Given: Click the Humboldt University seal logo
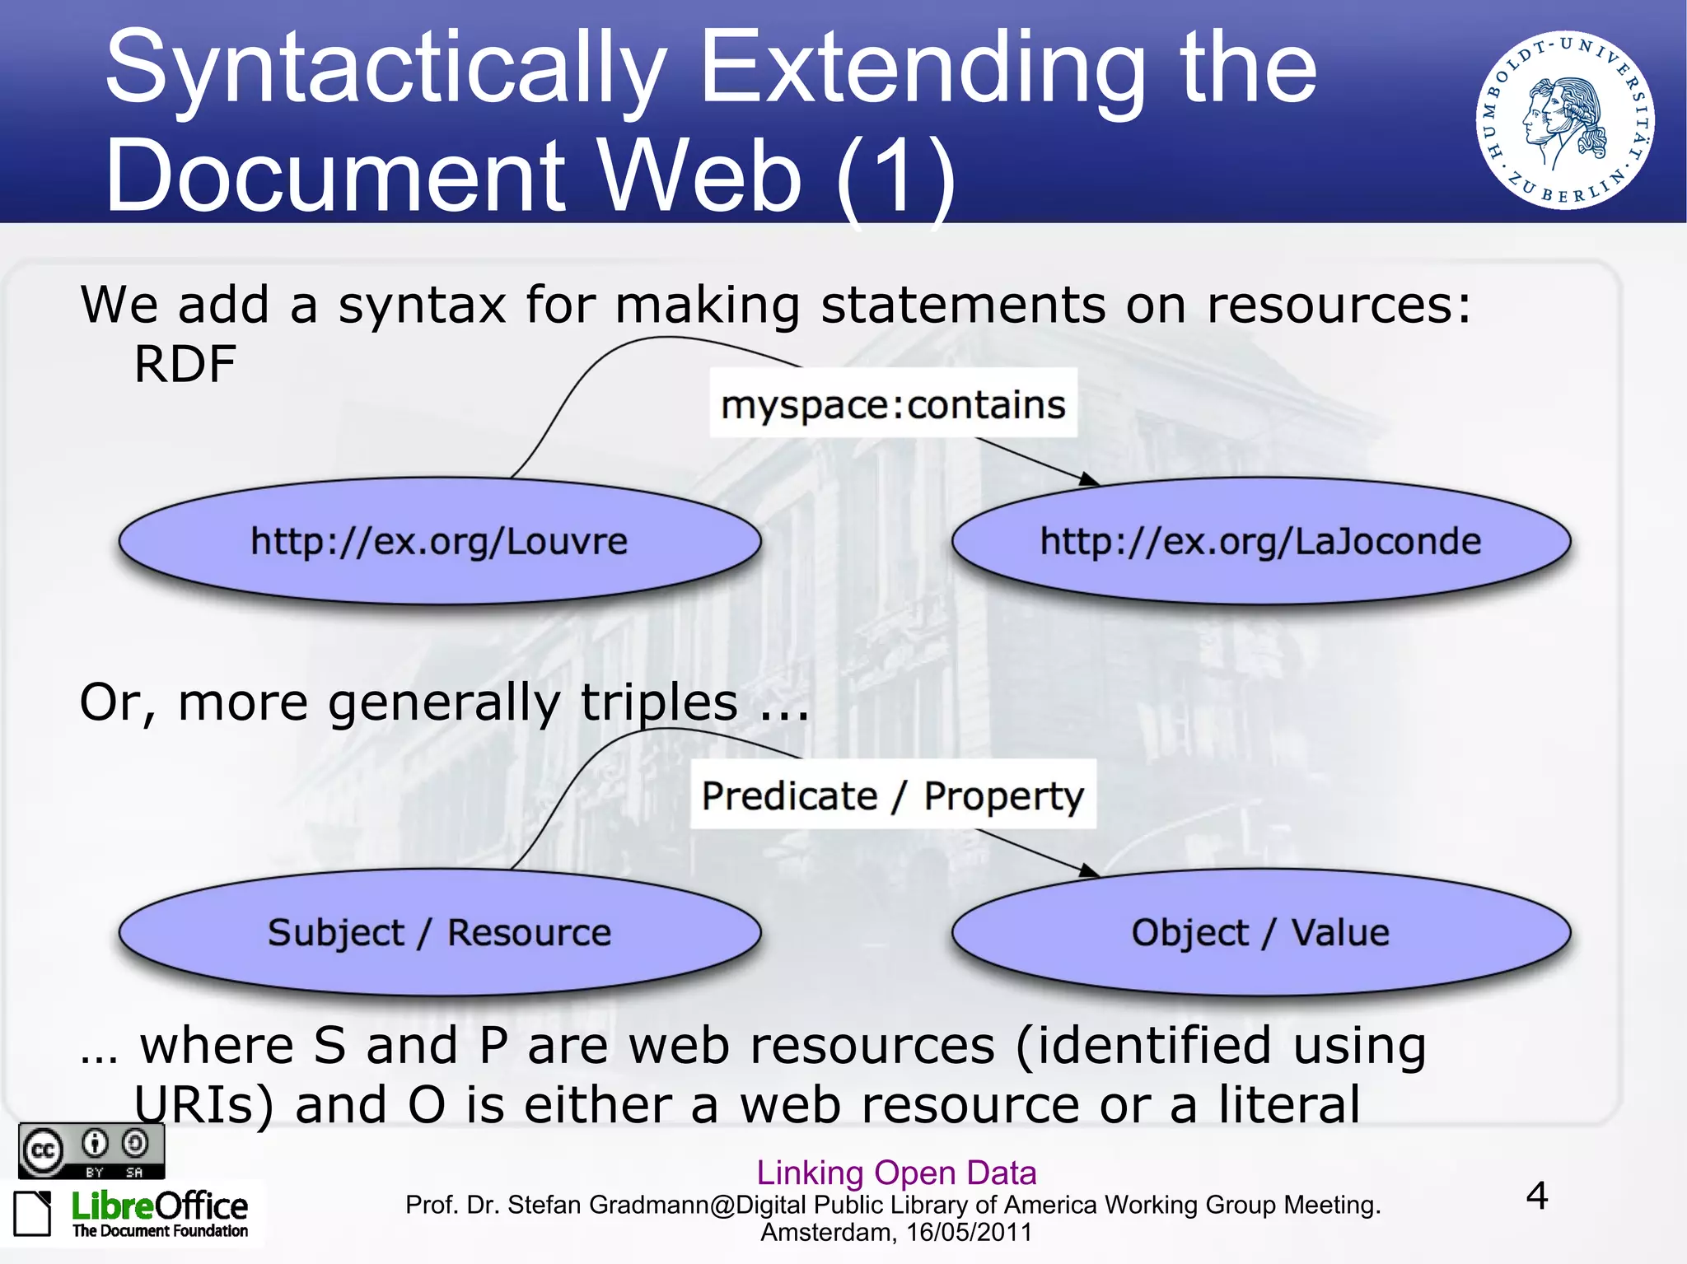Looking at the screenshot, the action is tap(1565, 120).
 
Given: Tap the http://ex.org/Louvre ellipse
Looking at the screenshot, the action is tap(439, 541).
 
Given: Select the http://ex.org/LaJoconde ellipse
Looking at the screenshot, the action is tap(1260, 541).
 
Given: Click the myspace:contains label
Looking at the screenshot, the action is tap(893, 403).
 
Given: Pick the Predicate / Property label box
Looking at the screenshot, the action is tap(893, 795).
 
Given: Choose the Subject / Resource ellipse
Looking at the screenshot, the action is tap(439, 932).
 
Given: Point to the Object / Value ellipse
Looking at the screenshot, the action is tap(1260, 932).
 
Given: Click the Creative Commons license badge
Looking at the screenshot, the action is tap(91, 1150).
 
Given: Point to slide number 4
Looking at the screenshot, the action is tap(1536, 1196).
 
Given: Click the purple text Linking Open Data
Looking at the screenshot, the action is tap(896, 1172).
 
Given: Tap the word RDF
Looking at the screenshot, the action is tap(185, 364).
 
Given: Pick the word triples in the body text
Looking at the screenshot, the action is tap(659, 702).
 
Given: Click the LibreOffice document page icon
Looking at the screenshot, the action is tap(33, 1213).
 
